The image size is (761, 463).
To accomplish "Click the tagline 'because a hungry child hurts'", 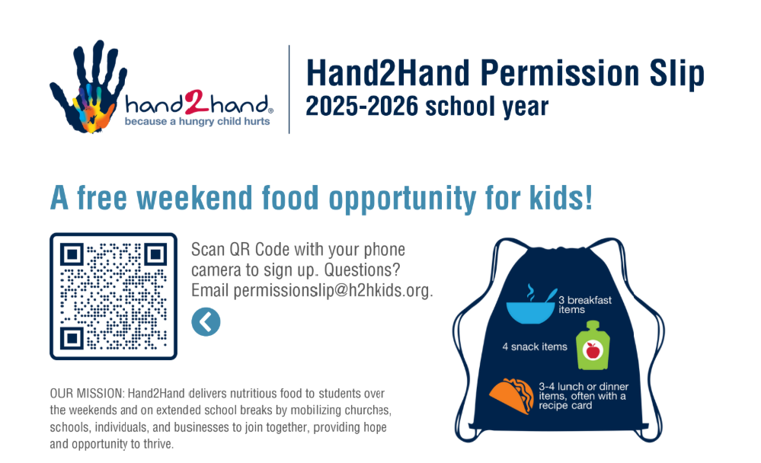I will coord(197,121).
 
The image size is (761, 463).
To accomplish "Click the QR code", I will coord(114,296).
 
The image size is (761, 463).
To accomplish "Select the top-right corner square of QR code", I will coord(155,254).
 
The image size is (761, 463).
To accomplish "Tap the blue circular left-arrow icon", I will coord(206,322).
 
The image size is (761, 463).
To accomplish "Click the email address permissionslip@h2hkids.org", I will coord(333,290).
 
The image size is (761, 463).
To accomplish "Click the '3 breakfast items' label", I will coord(584,305).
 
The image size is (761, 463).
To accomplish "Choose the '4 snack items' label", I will coord(534,347).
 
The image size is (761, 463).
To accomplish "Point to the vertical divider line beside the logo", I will coord(289,89).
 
